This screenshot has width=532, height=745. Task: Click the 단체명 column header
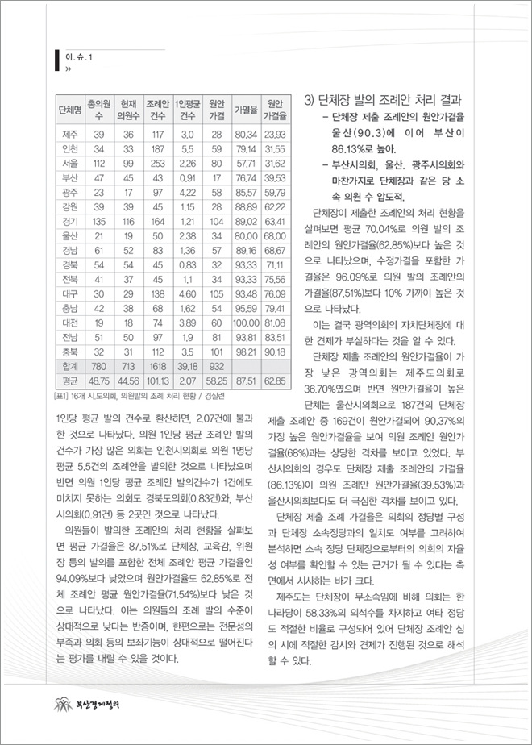point(69,109)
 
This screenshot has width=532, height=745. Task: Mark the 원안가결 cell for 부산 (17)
point(215,178)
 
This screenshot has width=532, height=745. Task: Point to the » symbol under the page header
point(68,69)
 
